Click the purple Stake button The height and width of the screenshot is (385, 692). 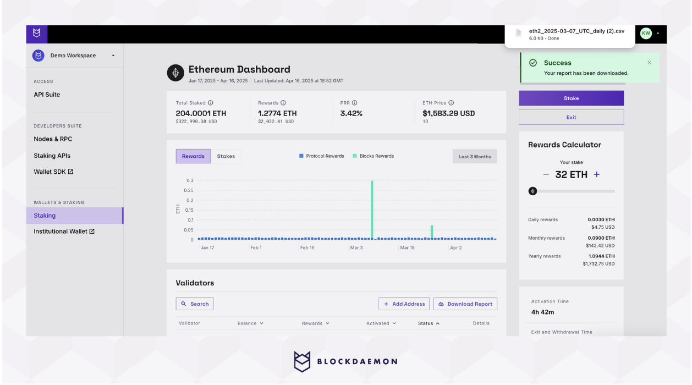(x=571, y=98)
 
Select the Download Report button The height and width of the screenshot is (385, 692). (x=465, y=304)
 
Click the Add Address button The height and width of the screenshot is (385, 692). (x=404, y=304)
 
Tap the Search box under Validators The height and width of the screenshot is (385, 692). (x=195, y=304)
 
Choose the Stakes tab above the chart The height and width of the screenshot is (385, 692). (x=226, y=156)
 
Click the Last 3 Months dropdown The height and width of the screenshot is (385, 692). (x=475, y=157)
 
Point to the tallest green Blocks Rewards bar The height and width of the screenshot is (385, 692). (x=372, y=209)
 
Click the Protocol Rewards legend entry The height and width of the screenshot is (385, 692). (x=322, y=156)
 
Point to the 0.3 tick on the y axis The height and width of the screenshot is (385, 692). (x=190, y=180)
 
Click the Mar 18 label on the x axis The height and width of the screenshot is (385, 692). (x=407, y=248)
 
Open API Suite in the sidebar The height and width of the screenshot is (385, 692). (x=47, y=95)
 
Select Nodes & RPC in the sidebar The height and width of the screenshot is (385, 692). (x=53, y=139)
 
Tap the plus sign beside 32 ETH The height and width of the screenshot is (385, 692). (x=597, y=174)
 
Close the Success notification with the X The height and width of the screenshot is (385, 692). (x=649, y=63)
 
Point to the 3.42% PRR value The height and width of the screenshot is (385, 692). (x=352, y=113)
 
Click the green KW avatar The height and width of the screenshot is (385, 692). (x=646, y=33)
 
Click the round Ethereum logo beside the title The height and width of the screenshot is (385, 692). (x=175, y=73)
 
